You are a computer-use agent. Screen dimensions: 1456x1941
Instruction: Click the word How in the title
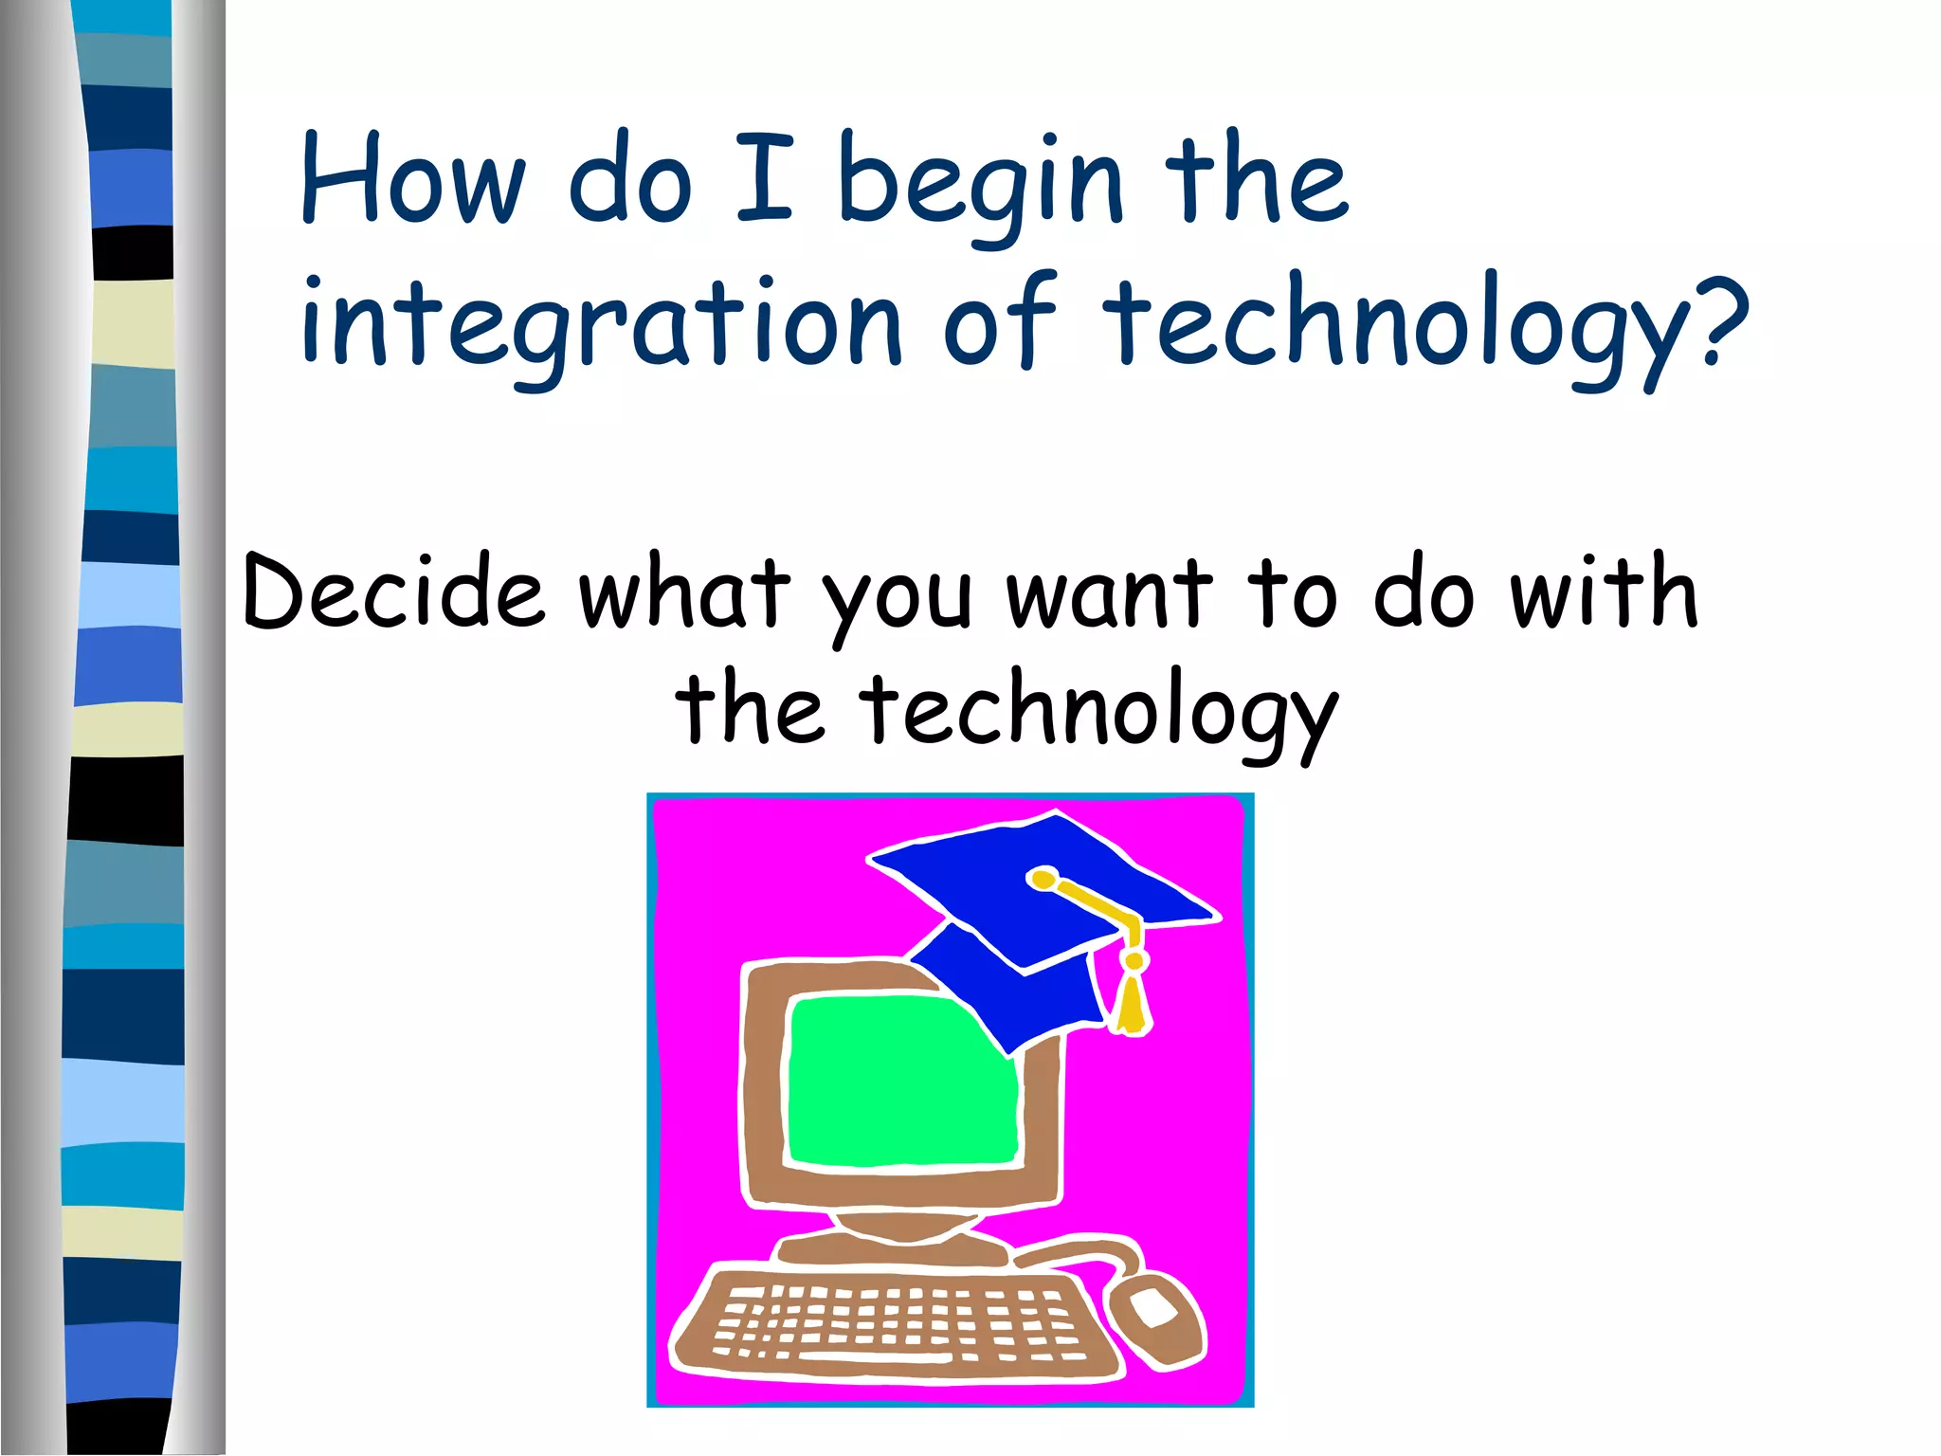[412, 180]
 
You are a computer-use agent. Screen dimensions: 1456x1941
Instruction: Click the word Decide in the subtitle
[394, 592]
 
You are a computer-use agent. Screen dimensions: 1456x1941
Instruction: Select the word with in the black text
[1603, 592]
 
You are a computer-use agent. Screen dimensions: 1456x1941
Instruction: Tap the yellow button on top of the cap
[1043, 879]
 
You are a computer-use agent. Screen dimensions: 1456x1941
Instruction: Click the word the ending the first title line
[1256, 180]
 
